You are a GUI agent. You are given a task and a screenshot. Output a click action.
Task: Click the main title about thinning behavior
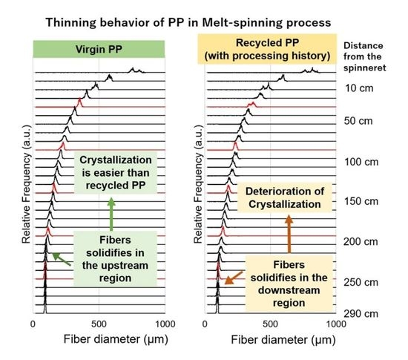204,22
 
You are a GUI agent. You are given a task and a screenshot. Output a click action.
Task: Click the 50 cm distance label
363,120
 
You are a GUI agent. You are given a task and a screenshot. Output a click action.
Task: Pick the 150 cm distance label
363,201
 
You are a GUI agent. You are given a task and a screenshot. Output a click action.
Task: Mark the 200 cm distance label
363,241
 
